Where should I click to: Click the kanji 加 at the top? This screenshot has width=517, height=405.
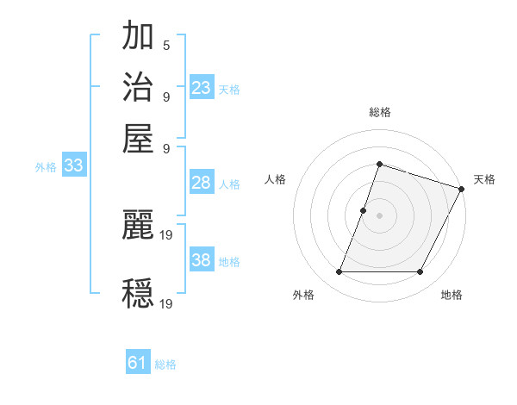click(x=139, y=38)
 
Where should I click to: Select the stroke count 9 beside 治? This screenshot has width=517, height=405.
click(x=165, y=96)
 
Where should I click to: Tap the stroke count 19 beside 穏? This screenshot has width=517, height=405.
click(x=167, y=302)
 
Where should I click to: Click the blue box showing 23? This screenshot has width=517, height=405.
click(x=202, y=87)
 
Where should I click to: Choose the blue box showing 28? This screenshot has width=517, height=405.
click(x=202, y=183)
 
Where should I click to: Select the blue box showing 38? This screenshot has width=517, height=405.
click(x=202, y=260)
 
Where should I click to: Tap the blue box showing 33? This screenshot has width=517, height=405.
click(x=72, y=166)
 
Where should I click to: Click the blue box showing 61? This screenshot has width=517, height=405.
click(x=138, y=364)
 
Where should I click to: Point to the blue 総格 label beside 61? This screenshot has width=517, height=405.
click(x=165, y=365)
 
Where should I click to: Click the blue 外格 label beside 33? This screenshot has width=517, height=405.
click(x=46, y=167)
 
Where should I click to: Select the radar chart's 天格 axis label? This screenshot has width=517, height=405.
click(x=484, y=179)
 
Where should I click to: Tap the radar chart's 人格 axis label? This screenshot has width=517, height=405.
click(x=275, y=179)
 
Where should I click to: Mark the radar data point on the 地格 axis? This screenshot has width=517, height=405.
click(x=420, y=272)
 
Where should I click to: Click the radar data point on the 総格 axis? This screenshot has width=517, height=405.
click(x=379, y=164)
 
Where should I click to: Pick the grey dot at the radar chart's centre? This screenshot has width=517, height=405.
click(x=379, y=215)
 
